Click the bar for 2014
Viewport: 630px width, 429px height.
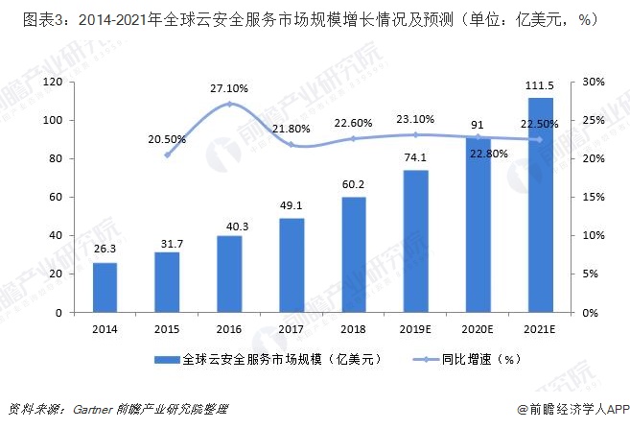105,287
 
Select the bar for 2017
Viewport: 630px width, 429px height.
292,265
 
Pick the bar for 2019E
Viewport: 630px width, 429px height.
416,241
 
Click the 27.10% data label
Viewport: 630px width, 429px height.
229,88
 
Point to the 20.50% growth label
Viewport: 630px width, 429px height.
168,138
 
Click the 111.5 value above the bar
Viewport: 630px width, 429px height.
541,86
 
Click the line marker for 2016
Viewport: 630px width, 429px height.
229,104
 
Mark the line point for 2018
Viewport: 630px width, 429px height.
354,138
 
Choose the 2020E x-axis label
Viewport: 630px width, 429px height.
478,328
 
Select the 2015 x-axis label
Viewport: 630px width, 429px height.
167,328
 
